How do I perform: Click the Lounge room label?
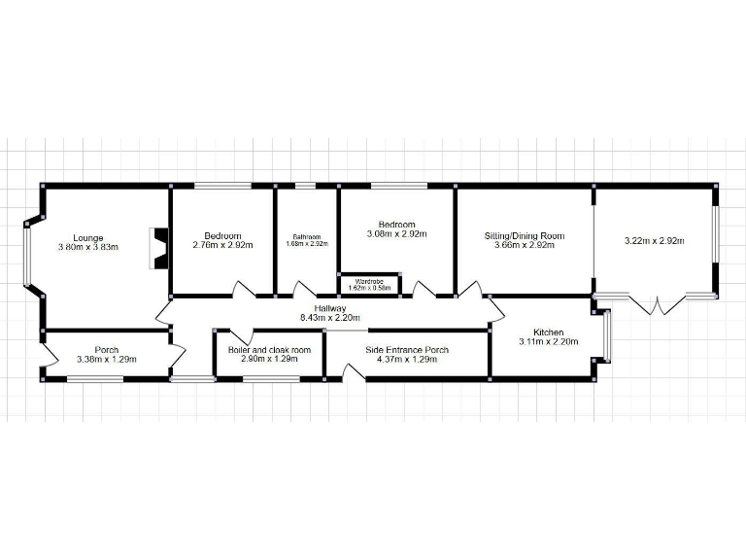click(x=88, y=236)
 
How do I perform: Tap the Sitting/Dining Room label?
click(x=525, y=236)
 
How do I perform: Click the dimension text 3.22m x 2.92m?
click(x=654, y=240)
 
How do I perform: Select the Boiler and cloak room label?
click(x=269, y=349)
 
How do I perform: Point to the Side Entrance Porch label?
click(x=407, y=349)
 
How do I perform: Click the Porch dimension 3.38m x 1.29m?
click(x=107, y=360)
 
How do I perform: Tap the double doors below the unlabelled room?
click(x=658, y=303)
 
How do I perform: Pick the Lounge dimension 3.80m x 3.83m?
click(x=88, y=247)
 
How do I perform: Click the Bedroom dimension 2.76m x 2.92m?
click(x=222, y=246)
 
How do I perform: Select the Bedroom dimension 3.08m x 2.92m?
click(x=397, y=234)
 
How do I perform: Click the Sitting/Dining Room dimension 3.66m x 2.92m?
click(x=525, y=246)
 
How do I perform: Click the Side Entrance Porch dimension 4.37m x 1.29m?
click(x=407, y=360)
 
